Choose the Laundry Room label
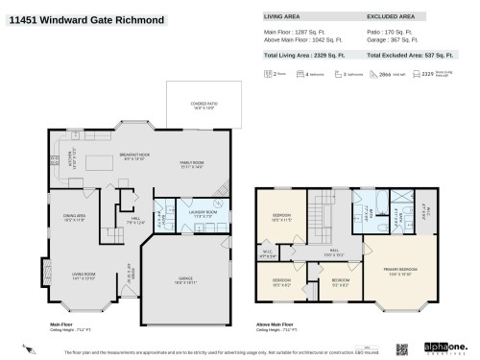click(183, 215)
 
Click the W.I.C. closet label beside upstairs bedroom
click(269, 255)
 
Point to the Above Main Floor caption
click(275, 324)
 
